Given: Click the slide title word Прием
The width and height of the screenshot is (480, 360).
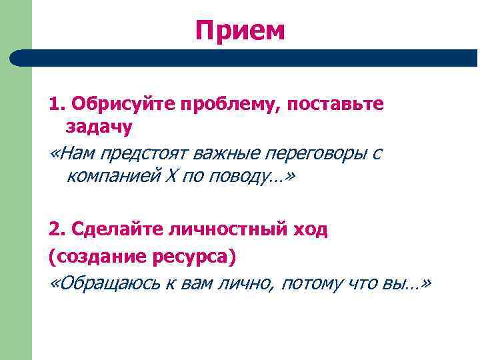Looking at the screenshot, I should (240, 29).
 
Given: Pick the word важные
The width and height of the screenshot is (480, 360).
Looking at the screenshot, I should (227, 155).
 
